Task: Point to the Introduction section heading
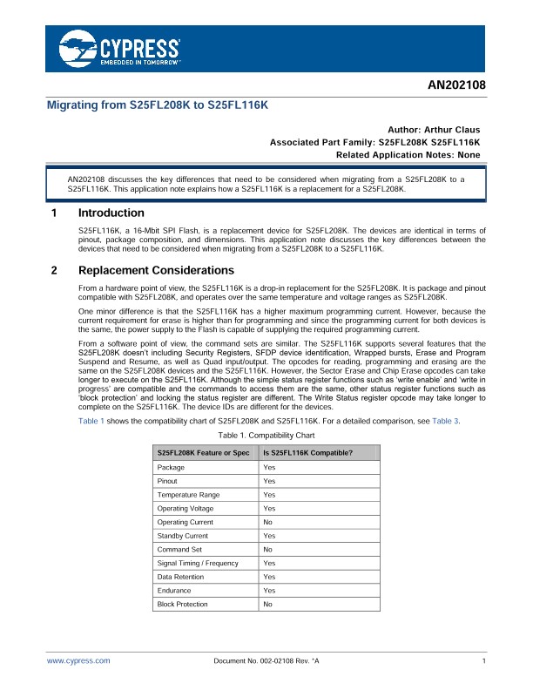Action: pyautogui.click(x=111, y=213)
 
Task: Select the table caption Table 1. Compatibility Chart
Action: pyautogui.click(x=266, y=435)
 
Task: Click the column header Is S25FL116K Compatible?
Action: pyautogui.click(x=307, y=453)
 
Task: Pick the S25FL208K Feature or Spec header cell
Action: pyautogui.click(x=203, y=453)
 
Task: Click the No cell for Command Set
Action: pyautogui.click(x=267, y=550)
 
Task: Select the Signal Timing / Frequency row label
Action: pyautogui.click(x=197, y=563)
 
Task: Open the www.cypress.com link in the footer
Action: pyautogui.click(x=78, y=661)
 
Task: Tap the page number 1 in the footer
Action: pyautogui.click(x=482, y=661)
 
